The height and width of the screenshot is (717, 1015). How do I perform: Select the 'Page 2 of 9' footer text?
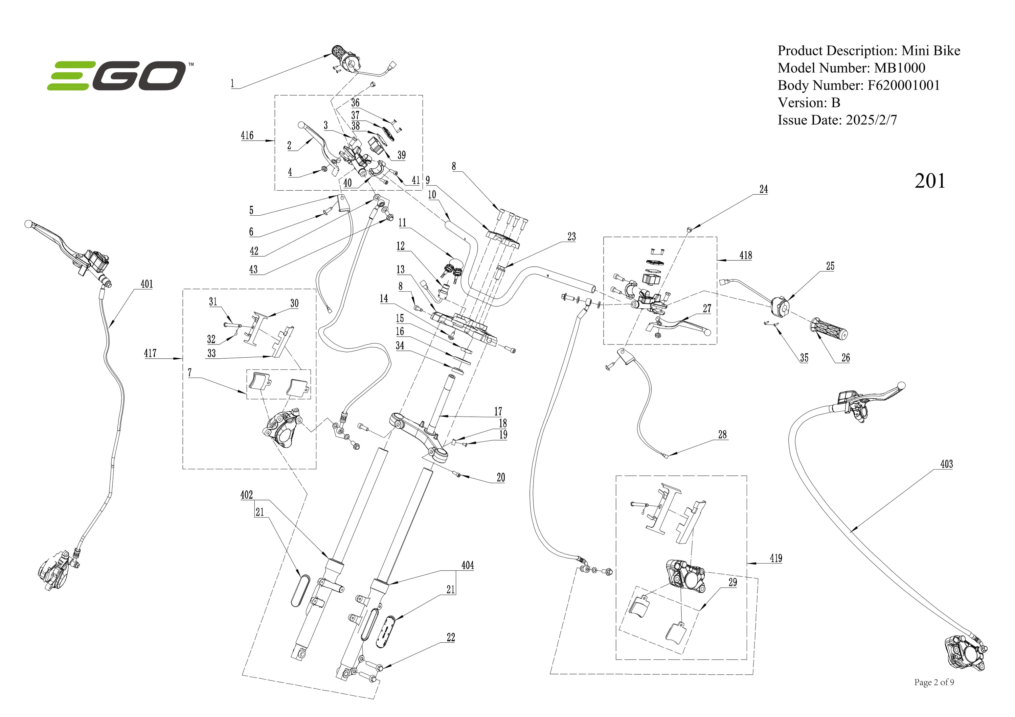pos(934,683)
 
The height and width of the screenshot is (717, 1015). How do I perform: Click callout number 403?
pos(946,464)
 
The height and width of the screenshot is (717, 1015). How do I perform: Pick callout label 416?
pos(247,135)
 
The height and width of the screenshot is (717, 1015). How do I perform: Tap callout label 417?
pos(150,353)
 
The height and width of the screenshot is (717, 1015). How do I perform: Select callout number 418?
pos(745,255)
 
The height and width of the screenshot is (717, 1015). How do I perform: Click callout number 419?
pos(776,558)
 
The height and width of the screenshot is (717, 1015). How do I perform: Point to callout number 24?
pos(764,190)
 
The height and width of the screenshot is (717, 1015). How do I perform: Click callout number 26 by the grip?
pos(845,358)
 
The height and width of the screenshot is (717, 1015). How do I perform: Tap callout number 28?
pos(722,435)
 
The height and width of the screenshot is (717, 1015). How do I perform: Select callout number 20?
pos(500,478)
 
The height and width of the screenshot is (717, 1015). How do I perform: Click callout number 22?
pos(450,638)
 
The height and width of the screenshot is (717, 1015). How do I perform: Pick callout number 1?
pos(232,83)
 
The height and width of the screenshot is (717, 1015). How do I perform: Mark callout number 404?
pos(467,566)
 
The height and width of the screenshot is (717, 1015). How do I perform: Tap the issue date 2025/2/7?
pos(871,120)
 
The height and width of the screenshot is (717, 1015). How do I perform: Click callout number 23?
pos(571,237)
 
